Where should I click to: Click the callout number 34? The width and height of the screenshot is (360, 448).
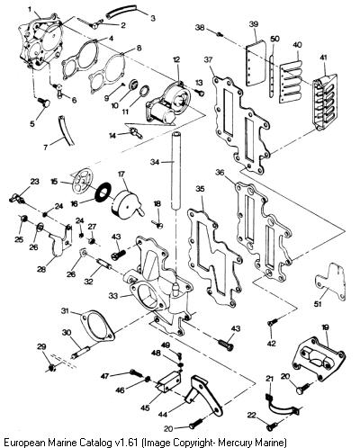tap(155, 162)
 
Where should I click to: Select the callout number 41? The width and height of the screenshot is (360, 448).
tap(325, 58)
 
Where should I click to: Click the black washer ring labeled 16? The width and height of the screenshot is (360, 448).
tap(103, 191)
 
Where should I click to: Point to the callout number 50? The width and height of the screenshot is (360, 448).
tap(274, 39)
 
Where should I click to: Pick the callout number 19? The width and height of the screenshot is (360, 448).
tap(325, 327)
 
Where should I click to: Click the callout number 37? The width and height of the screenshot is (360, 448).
tap(208, 59)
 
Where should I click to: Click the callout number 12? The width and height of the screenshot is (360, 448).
tap(176, 59)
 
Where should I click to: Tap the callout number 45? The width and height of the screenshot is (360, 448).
tap(146, 408)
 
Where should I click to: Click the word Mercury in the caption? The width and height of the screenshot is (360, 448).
tap(236, 443)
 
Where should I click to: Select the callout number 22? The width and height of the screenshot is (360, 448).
tap(252, 415)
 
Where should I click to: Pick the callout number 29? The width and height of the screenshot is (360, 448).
tap(41, 346)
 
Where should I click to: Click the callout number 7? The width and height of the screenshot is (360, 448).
tap(46, 148)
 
